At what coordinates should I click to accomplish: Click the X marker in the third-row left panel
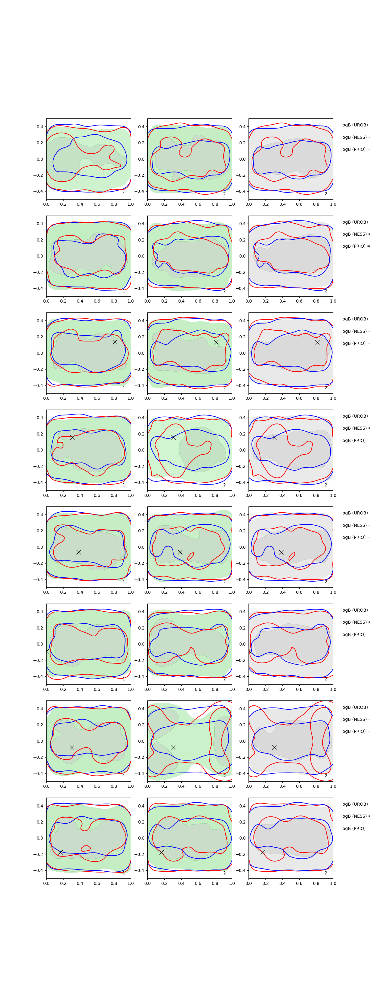(x=114, y=342)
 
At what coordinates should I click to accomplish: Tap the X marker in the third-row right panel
(x=317, y=342)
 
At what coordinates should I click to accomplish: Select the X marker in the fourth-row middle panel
(x=174, y=437)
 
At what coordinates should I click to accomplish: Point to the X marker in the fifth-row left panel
(x=79, y=552)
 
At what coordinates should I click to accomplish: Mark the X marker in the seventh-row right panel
(x=274, y=747)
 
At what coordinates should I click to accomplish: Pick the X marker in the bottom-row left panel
(x=60, y=852)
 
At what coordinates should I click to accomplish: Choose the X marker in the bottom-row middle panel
(x=162, y=852)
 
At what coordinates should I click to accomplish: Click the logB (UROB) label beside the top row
(x=355, y=125)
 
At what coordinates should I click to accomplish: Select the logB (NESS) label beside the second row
(x=355, y=234)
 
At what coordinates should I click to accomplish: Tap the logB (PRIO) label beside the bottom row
(x=355, y=828)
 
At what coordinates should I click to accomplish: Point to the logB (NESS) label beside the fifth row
(x=355, y=525)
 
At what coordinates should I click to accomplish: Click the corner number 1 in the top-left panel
(x=123, y=194)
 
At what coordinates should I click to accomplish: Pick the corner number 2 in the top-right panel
(x=326, y=194)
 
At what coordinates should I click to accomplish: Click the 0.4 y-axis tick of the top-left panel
(x=40, y=127)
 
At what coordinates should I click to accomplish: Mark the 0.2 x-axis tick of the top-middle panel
(x=164, y=204)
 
